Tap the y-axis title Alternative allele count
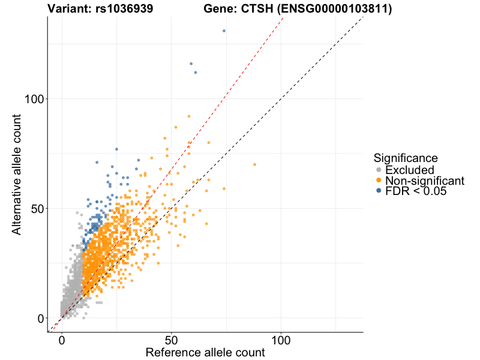pyautogui.click(x=17, y=173)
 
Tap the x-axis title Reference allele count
pyautogui.click(x=205, y=352)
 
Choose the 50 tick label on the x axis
pyautogui.click(x=172, y=340)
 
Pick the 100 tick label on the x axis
pyautogui.click(x=281, y=340)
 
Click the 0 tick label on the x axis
pyautogui.click(x=62, y=340)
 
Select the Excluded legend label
pyautogui.click(x=409, y=170)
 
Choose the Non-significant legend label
pyautogui.click(x=425, y=181)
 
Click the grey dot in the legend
pyautogui.click(x=379, y=170)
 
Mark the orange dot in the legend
pyautogui.click(x=379, y=181)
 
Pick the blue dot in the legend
pyautogui.click(x=379, y=191)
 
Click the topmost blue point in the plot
pyautogui.click(x=224, y=31)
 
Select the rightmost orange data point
pyautogui.click(x=254, y=164)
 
